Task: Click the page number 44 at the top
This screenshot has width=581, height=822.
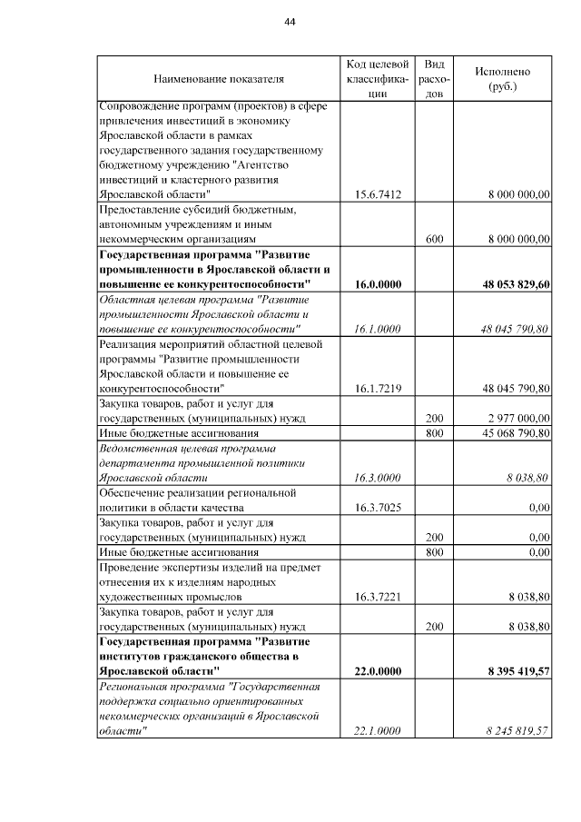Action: click(x=290, y=22)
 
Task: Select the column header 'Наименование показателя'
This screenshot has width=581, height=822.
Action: click(x=219, y=79)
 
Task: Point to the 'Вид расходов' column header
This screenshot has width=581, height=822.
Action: click(x=435, y=79)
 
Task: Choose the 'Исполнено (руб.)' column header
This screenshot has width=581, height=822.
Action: click(x=502, y=79)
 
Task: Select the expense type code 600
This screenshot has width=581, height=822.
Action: click(x=435, y=239)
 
